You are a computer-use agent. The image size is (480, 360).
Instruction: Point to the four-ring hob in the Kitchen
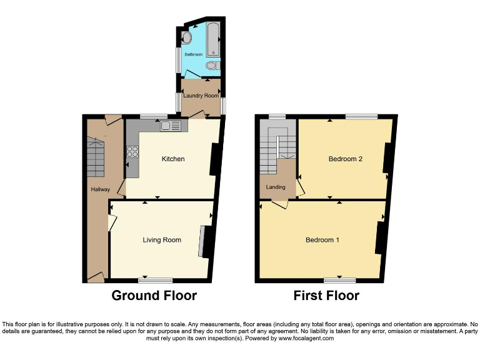coord(133,151)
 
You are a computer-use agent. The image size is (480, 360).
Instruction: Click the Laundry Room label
coord(201,96)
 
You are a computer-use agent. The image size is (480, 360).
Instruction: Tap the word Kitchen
coord(173,159)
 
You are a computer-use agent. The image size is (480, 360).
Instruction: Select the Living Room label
coord(162,240)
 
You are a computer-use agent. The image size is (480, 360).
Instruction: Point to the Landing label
coord(276,187)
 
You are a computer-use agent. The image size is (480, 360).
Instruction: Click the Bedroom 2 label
coord(346,159)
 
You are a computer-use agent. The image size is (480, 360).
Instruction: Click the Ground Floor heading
coord(154,296)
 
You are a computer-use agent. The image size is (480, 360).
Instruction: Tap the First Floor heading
coord(326,296)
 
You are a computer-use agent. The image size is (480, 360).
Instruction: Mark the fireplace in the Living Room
coord(204,241)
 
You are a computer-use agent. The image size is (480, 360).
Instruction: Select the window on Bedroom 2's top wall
coord(362,116)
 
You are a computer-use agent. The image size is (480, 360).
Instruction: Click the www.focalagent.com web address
coord(305,338)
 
